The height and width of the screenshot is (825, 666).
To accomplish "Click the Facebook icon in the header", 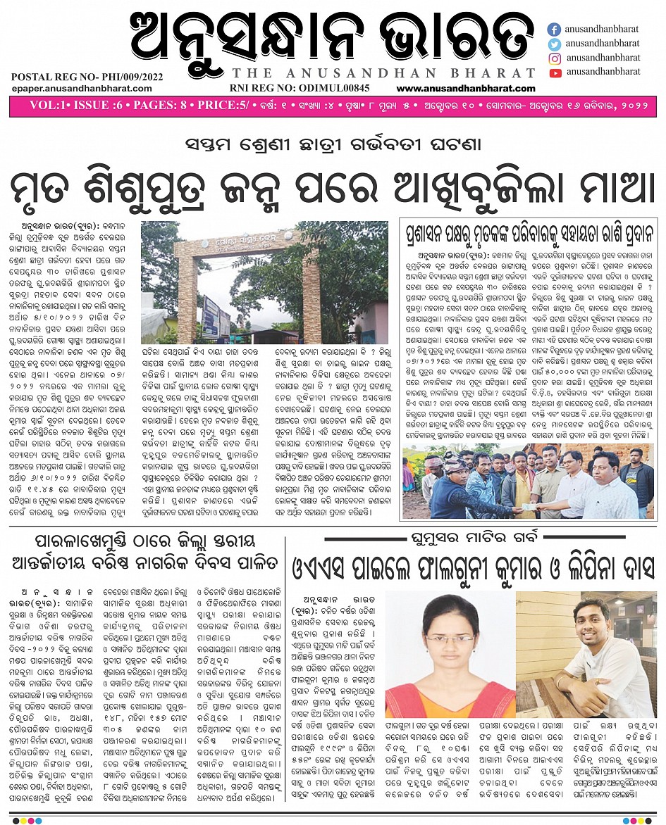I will pyautogui.click(x=555, y=30).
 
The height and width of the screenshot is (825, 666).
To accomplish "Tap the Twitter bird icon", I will pyautogui.click(x=555, y=44).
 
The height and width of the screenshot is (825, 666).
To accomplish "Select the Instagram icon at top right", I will pyautogui.click(x=555, y=58).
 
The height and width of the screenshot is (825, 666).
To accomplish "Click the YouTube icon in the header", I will pyautogui.click(x=555, y=72).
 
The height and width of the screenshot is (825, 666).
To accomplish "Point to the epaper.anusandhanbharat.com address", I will pyautogui.click(x=81, y=88).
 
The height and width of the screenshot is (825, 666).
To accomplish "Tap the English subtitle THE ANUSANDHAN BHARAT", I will pyautogui.click(x=383, y=73).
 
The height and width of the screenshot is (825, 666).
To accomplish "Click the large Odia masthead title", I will pyautogui.click(x=331, y=37).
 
